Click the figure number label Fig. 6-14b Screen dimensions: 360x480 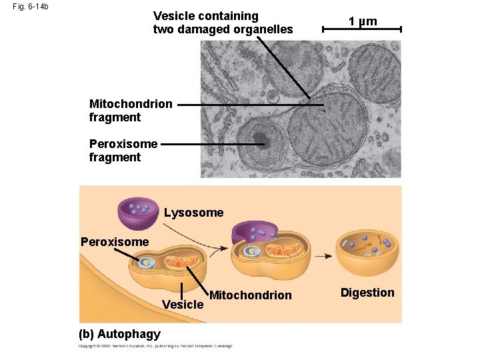pyautogui.click(x=30, y=7)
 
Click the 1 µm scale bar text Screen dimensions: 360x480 pyautogui.click(x=363, y=21)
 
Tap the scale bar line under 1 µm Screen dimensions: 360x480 pyautogui.click(x=361, y=30)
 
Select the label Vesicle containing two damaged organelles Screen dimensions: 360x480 pyautogui.click(x=223, y=22)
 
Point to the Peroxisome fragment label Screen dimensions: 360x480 pyautogui.click(x=123, y=151)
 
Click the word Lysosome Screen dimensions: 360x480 pyautogui.click(x=193, y=213)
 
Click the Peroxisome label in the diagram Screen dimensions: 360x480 pyautogui.click(x=114, y=241)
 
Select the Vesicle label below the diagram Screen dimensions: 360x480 pyautogui.click(x=183, y=305)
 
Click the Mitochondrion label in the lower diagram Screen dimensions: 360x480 pyautogui.click(x=250, y=295)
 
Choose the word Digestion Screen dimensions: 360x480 pyautogui.click(x=367, y=293)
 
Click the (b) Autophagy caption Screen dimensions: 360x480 pyautogui.click(x=119, y=333)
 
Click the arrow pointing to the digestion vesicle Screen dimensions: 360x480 pyautogui.click(x=324, y=255)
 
